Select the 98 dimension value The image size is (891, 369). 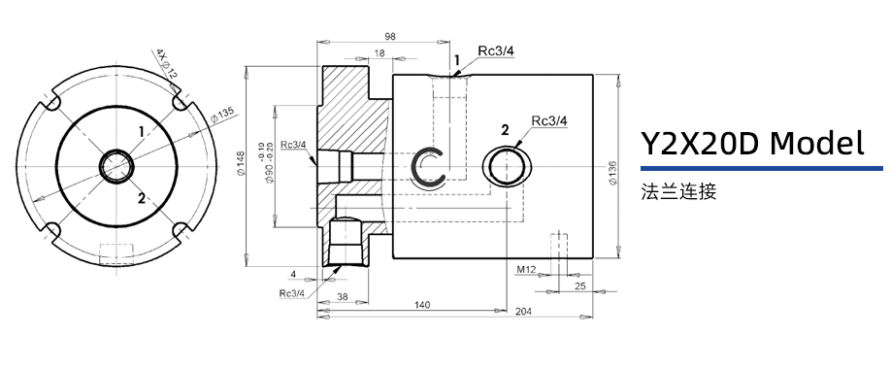391,36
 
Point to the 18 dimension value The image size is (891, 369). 379,52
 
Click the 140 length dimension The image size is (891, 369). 421,305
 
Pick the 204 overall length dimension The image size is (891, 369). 523,313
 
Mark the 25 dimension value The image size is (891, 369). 579,285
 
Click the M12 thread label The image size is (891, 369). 526,268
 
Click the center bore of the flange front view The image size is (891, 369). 116,164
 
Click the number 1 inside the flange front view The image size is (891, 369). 142,130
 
